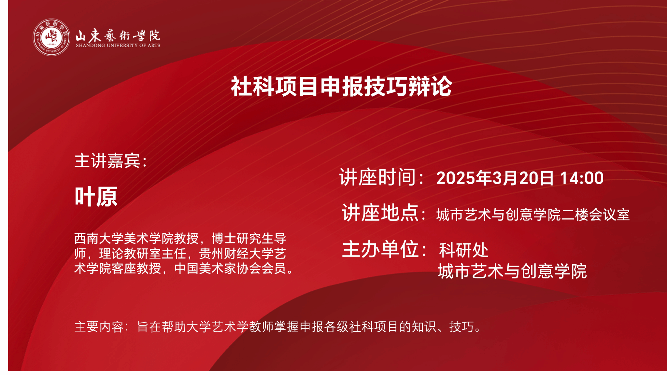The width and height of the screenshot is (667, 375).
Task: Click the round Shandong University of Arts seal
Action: point(51,37)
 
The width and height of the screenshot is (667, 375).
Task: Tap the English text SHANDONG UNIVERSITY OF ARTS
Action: point(118,46)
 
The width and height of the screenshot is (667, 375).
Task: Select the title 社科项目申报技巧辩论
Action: point(341,87)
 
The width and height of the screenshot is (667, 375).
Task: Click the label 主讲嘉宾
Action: point(107,161)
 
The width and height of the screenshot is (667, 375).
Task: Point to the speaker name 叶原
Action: point(96,197)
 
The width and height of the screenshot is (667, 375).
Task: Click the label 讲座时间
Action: point(378,177)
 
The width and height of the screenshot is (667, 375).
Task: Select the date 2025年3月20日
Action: point(495,178)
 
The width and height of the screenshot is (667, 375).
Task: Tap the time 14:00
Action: point(582,178)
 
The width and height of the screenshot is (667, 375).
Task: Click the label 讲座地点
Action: point(380,213)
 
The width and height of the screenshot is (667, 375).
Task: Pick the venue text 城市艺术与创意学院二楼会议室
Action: point(533,215)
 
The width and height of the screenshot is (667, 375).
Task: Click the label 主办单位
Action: point(380,249)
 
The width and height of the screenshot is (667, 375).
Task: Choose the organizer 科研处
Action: point(463,250)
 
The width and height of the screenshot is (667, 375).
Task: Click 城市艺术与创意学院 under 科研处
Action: point(512,271)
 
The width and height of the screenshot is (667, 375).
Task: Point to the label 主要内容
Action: point(99,327)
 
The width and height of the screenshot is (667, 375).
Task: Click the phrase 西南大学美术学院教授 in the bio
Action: point(136,239)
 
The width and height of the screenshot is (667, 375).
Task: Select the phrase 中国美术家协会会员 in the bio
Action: point(230,269)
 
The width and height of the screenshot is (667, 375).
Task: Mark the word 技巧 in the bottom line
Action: point(461,327)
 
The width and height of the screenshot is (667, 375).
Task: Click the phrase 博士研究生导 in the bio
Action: point(249,239)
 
